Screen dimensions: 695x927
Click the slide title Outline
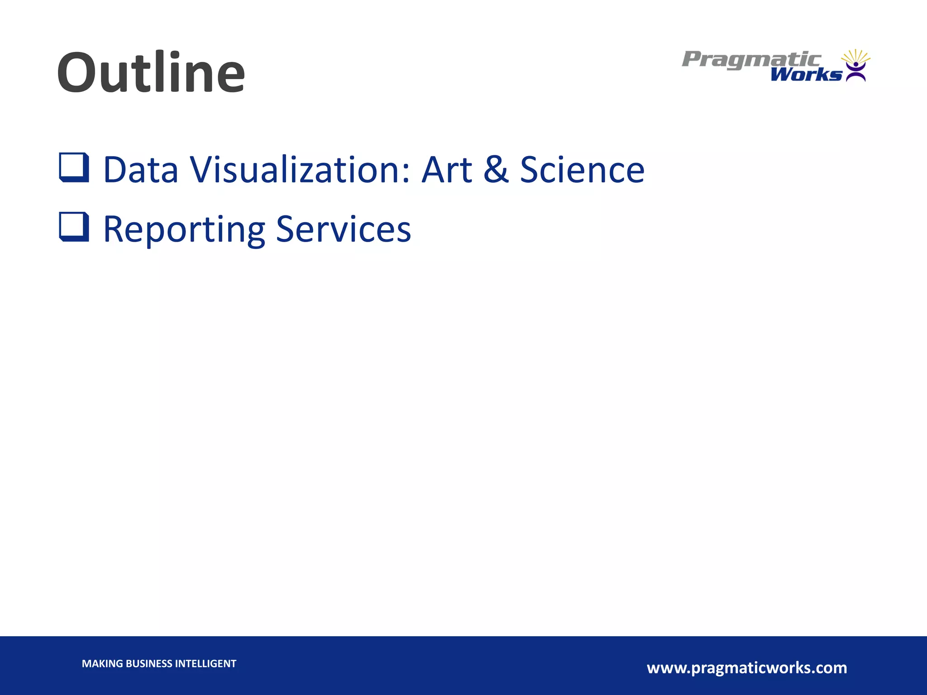(151, 72)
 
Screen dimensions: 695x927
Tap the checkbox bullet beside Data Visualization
(74, 167)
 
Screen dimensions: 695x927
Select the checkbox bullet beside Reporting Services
(74, 227)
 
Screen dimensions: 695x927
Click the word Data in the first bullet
(141, 170)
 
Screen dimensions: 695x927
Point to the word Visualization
(296, 170)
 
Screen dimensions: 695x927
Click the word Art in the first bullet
(446, 170)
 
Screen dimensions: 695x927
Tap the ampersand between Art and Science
(496, 170)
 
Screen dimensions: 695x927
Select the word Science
(582, 170)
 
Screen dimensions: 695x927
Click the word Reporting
(184, 230)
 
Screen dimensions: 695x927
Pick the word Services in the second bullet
(343, 229)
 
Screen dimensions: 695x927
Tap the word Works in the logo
(806, 75)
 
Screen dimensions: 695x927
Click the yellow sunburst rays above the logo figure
(855, 56)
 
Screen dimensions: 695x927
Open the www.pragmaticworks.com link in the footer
(747, 668)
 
